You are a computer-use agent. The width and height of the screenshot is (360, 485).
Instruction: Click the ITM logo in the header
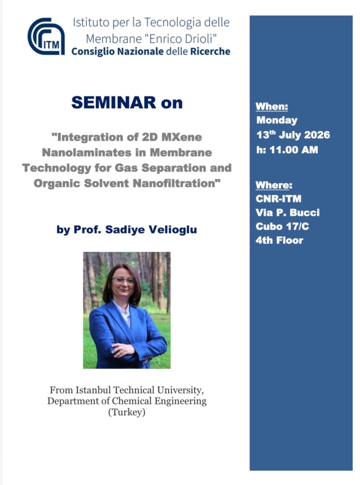coord(46,37)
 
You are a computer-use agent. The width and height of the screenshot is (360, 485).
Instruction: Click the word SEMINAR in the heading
coord(114,102)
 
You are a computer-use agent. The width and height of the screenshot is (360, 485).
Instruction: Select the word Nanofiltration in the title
coord(176,183)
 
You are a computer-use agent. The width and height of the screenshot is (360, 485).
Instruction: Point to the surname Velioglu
coord(173,229)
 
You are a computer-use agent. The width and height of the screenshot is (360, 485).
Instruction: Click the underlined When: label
coord(272,106)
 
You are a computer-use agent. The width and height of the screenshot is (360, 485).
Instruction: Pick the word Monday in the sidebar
coord(277,120)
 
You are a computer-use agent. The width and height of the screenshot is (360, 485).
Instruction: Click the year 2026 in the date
coord(317,135)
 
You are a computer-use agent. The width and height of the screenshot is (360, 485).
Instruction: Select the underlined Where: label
coord(274,185)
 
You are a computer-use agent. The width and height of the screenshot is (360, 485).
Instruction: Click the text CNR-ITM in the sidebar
coord(279,199)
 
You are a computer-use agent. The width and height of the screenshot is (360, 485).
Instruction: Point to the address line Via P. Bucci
coord(288,212)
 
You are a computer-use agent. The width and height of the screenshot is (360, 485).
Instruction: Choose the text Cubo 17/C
coord(282,226)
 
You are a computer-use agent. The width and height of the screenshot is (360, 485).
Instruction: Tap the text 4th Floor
coord(280,240)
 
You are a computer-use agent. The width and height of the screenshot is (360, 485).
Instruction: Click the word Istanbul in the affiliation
coord(94,390)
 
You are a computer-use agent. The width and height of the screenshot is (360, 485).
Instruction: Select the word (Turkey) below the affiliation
coord(127,412)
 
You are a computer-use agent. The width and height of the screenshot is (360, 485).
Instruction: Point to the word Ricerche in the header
coord(210,51)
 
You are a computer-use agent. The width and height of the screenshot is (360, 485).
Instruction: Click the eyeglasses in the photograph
coord(124,281)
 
